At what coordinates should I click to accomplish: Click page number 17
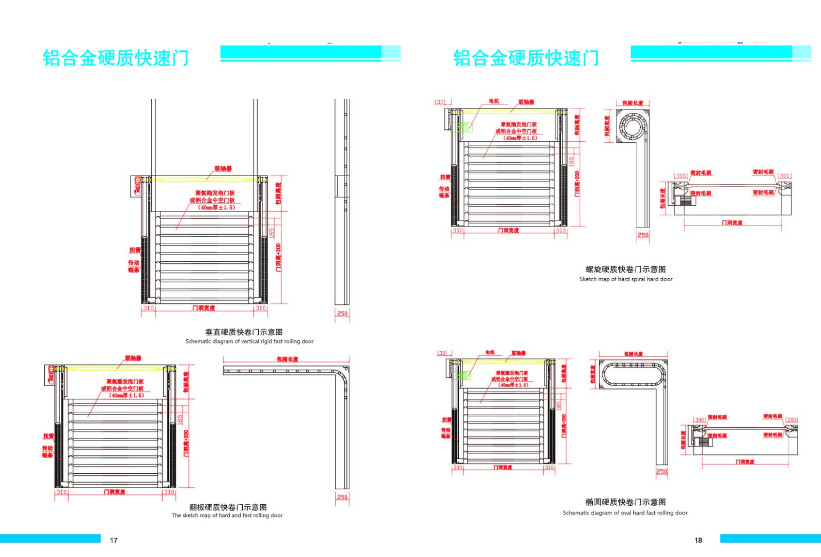click(114, 540)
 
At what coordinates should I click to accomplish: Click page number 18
click(698, 540)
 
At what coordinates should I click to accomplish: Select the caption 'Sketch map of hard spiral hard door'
click(625, 279)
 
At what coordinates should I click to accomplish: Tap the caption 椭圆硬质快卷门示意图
click(625, 502)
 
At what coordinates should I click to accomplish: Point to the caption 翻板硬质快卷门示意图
click(228, 507)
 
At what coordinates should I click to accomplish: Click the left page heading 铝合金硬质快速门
click(116, 58)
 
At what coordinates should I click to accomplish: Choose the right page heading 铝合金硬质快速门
click(526, 58)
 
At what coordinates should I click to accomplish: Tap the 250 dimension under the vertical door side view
click(342, 313)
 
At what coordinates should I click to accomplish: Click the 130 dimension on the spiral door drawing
click(439, 102)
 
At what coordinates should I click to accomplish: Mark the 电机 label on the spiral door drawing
click(494, 102)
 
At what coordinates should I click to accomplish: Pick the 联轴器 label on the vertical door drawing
click(223, 169)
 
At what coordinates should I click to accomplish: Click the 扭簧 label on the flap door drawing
click(48, 436)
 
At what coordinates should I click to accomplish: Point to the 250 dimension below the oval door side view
click(662, 472)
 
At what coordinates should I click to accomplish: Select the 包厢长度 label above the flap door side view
click(287, 359)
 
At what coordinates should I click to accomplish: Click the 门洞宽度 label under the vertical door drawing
click(204, 308)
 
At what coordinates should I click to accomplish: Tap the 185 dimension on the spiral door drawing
click(572, 161)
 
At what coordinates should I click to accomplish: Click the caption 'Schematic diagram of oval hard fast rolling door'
click(625, 513)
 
